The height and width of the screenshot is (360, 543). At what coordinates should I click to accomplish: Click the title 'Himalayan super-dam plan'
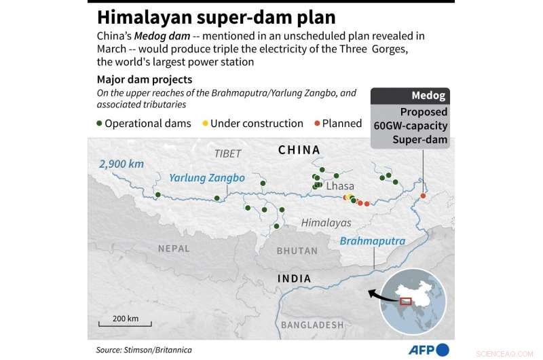click(x=215, y=17)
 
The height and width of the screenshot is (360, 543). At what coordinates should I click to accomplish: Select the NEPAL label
click(x=174, y=249)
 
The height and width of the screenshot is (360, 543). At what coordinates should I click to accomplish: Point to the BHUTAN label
click(x=297, y=251)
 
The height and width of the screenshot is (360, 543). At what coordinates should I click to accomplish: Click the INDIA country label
click(x=295, y=278)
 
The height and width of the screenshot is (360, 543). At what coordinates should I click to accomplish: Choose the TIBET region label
click(x=227, y=154)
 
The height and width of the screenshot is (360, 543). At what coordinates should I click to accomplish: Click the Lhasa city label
click(x=339, y=186)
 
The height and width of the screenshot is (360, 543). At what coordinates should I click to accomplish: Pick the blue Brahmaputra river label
click(x=372, y=241)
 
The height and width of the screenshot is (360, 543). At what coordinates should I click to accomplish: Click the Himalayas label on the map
click(x=326, y=223)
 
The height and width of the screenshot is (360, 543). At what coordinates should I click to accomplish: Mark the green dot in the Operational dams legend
click(x=100, y=124)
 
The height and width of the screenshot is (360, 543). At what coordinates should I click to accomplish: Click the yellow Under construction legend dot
click(x=206, y=124)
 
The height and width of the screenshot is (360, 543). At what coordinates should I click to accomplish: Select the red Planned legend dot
click(x=317, y=124)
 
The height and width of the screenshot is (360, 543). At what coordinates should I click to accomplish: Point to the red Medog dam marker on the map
click(x=423, y=196)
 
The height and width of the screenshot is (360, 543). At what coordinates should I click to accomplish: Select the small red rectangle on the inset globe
click(x=406, y=301)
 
